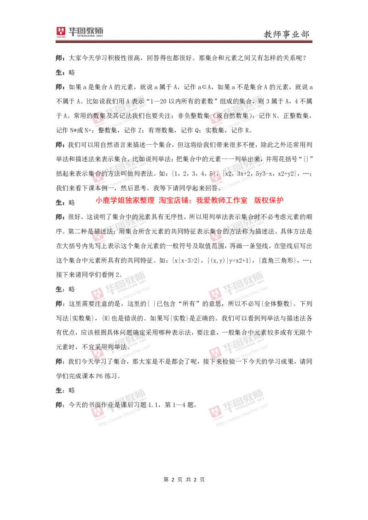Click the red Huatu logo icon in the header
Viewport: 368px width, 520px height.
61,32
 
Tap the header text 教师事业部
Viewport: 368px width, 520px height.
286,34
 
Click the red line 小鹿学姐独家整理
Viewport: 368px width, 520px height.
125,200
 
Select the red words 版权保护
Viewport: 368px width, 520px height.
269,200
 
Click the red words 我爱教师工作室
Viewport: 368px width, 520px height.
222,200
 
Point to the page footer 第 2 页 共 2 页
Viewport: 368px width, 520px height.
184,480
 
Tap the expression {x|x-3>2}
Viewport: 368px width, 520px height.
187,260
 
